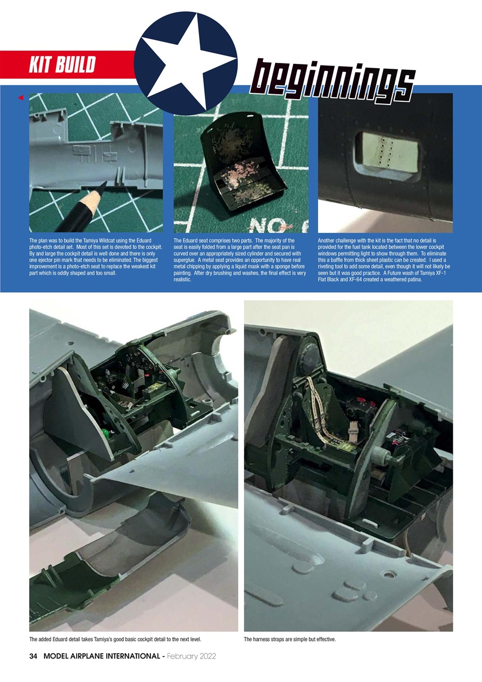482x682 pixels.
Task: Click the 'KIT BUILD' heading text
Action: (x=62, y=65)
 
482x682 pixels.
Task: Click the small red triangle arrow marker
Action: (x=21, y=98)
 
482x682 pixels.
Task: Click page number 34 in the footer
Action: (x=34, y=656)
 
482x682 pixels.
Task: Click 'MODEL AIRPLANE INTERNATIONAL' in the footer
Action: (x=101, y=656)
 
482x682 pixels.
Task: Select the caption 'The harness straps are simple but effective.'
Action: (x=289, y=639)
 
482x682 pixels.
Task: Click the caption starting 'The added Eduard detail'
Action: (x=114, y=639)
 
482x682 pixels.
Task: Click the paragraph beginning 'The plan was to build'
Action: (x=96, y=257)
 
